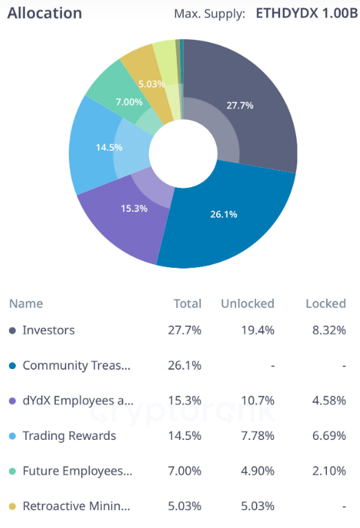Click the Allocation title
pos(44,13)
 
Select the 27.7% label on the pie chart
pos(240,105)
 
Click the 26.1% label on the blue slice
pos(224,214)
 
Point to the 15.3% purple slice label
pos(134,208)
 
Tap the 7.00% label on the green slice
pos(129,102)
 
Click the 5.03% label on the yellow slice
pos(151,84)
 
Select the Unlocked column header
pos(247,304)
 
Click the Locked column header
pos(326,304)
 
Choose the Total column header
pos(187,304)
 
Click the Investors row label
pos(48,330)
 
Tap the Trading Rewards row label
pos(69,436)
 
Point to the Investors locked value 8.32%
pos(329,330)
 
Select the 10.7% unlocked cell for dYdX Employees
pos(259,401)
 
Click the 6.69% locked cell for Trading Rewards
pos(329,436)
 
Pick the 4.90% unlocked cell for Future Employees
pos(259,471)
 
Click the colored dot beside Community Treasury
pos(12,366)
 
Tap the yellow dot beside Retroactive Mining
pos(12,507)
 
